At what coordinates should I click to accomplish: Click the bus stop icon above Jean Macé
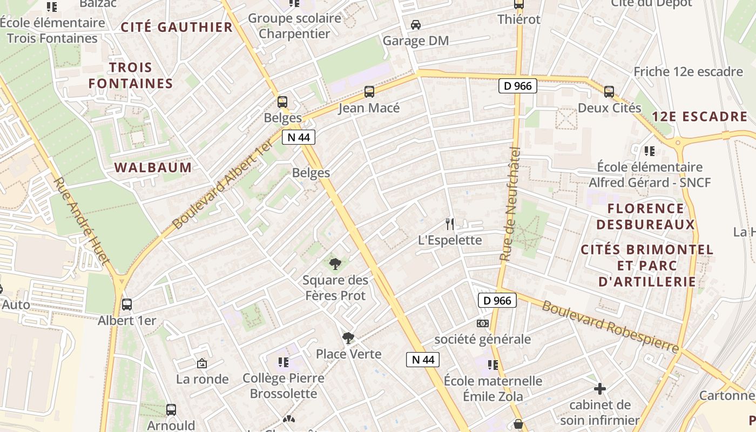[369, 92]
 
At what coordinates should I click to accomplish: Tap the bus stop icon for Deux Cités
[609, 92]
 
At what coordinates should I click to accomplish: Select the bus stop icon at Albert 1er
[127, 305]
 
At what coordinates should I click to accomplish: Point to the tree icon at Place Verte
[348, 339]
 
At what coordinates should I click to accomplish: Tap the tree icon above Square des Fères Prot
[335, 264]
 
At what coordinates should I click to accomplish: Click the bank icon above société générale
[482, 323]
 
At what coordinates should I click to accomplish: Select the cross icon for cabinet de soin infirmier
[599, 389]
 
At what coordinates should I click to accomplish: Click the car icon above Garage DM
[416, 25]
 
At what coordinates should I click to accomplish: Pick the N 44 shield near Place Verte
[422, 360]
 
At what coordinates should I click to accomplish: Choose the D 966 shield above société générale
[497, 301]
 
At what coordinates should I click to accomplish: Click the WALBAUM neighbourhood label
[153, 167]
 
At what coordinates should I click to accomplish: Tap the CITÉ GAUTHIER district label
[177, 27]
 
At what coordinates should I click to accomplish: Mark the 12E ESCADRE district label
[699, 117]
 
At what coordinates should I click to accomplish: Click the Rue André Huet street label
[82, 221]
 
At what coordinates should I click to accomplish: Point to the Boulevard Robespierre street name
[610, 327]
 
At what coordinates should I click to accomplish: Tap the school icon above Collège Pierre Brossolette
[283, 362]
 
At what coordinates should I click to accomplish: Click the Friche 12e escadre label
[688, 72]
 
